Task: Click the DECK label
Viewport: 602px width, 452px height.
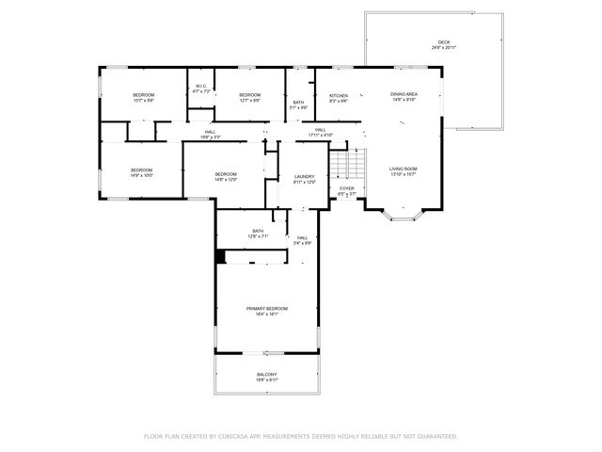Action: pos(443,44)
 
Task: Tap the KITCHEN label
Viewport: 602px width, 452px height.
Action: pos(339,96)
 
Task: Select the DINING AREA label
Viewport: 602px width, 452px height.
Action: pos(404,95)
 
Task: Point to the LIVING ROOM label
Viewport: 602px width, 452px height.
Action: pos(403,169)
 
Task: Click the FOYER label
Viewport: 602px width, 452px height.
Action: pos(347,189)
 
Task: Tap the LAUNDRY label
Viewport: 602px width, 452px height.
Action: pos(304,177)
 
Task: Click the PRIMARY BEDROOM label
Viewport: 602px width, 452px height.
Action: pos(266,310)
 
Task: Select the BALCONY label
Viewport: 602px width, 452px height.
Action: pos(266,375)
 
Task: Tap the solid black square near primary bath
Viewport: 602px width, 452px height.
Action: pos(221,256)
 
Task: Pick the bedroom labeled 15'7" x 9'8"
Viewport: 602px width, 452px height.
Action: pos(143,96)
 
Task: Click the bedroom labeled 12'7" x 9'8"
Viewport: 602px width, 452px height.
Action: pos(249,96)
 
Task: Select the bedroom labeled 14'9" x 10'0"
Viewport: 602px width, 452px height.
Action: pos(141,170)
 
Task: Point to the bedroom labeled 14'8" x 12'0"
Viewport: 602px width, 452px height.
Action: pos(226,175)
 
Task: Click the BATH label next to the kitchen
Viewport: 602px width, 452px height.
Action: pos(298,104)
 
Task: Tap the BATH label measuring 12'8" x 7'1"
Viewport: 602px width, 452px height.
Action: pos(259,233)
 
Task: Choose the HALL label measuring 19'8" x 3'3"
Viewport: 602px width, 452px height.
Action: pos(211,133)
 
